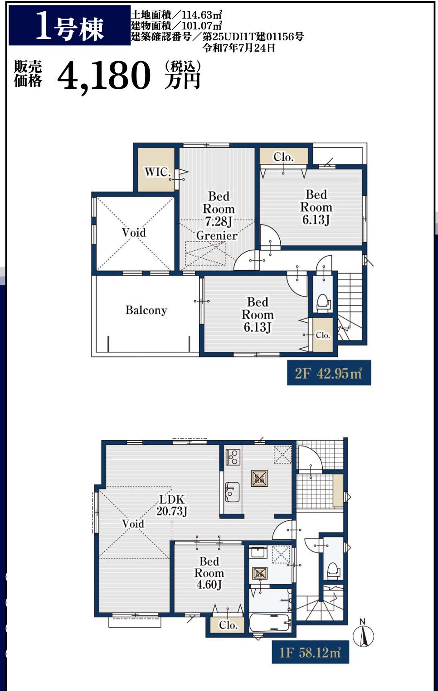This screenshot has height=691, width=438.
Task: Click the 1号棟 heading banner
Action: [69, 25]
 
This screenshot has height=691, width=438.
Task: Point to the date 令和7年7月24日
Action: [239, 48]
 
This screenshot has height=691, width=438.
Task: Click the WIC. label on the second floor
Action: [157, 172]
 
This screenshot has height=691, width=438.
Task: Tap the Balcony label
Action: [146, 310]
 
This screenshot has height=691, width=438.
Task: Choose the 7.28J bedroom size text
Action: [219, 221]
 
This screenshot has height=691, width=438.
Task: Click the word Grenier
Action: [217, 235]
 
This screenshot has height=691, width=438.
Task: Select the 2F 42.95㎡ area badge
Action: [329, 373]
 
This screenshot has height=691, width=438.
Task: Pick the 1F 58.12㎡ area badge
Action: [311, 652]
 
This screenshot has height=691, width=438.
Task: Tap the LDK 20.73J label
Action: [172, 505]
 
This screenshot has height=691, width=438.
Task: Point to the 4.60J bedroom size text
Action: [209, 585]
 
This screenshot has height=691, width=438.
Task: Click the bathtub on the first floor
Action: [270, 622]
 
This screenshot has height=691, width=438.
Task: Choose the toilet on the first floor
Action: [333, 570]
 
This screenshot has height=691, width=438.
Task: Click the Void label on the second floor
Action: [134, 232]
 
